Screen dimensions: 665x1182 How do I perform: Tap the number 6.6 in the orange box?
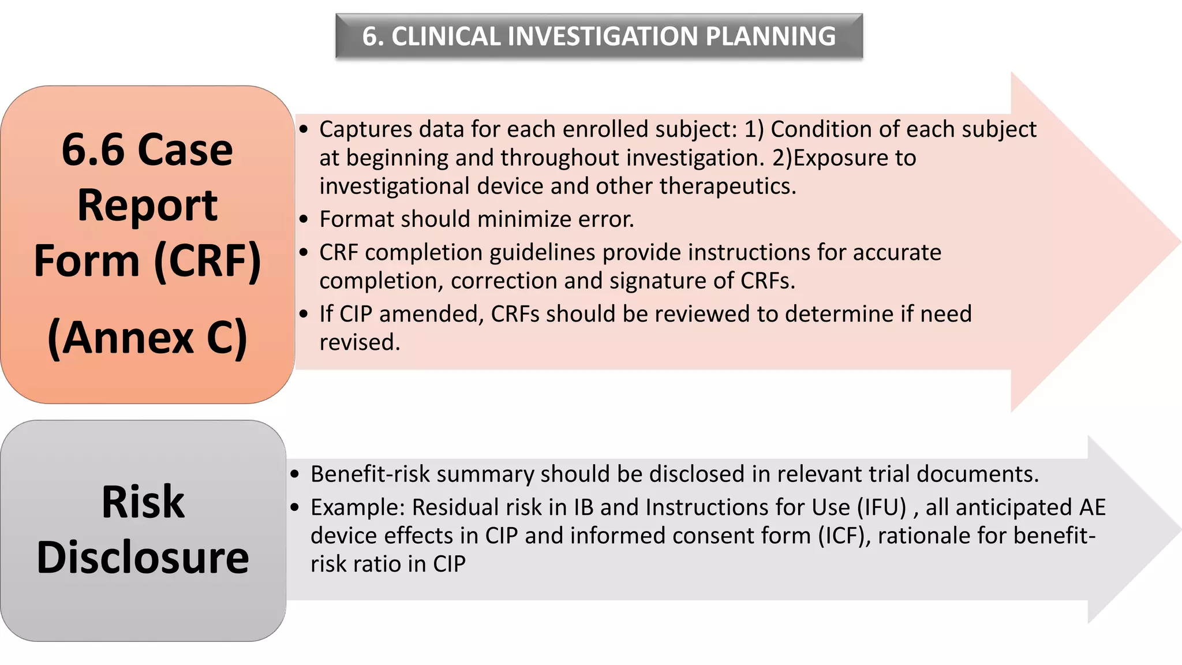pos(92,150)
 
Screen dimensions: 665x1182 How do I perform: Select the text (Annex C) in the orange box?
pos(147,338)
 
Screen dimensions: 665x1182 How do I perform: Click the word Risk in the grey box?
pos(143,502)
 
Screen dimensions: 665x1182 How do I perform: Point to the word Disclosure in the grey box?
pos(143,558)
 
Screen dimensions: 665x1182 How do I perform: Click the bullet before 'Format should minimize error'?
pos(304,220)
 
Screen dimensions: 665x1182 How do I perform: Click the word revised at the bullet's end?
pos(359,342)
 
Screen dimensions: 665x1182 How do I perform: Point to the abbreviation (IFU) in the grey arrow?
pos(881,507)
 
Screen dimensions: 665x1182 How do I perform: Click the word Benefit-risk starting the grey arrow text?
pos(370,474)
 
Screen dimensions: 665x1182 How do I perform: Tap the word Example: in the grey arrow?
pos(358,507)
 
